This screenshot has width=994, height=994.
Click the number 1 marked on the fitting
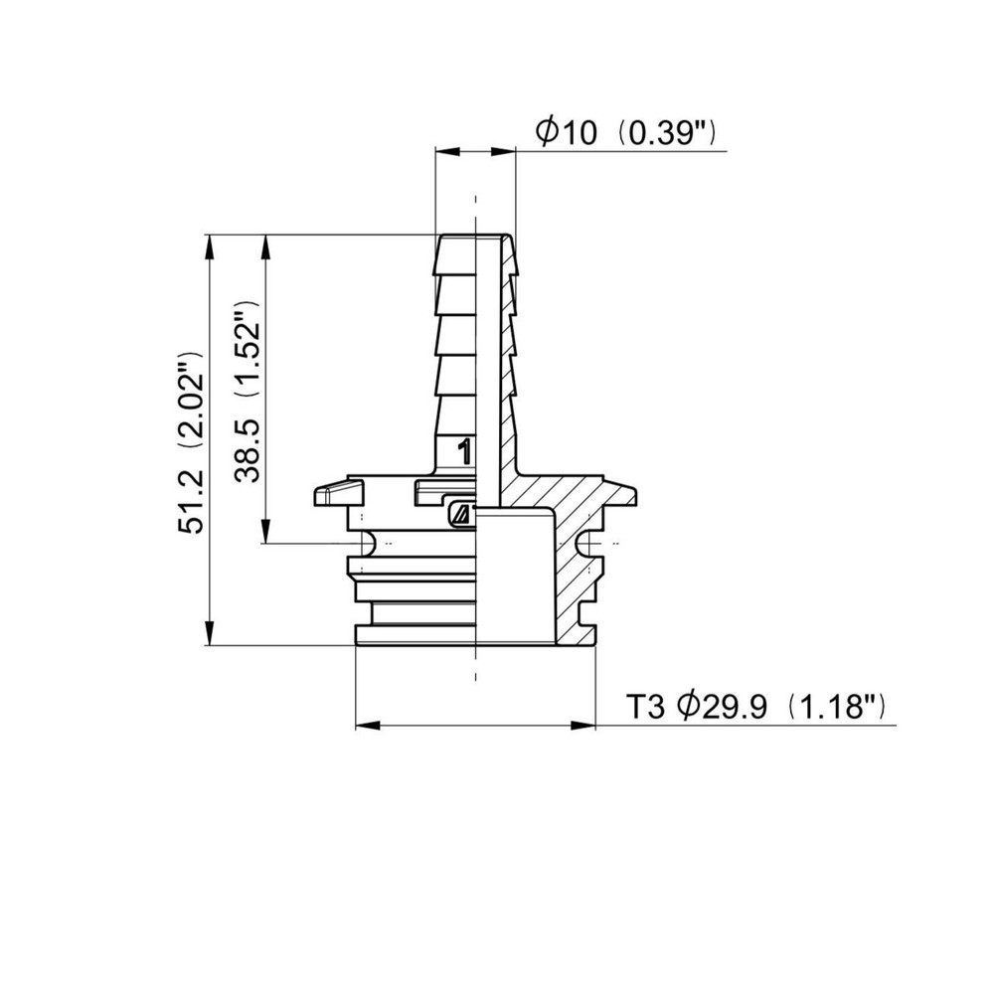tap(462, 453)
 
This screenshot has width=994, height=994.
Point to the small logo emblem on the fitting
tap(460, 514)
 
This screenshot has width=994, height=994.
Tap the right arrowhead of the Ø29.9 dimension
tap(583, 726)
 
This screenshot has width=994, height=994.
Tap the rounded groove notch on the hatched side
tap(585, 544)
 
